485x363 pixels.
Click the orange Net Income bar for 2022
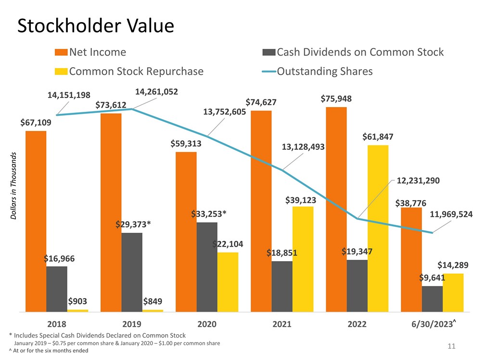tap(336, 209)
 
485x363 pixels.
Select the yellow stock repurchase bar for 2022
tap(378, 228)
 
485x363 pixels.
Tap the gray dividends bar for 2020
tap(207, 266)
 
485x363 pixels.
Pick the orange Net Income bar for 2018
tap(36, 221)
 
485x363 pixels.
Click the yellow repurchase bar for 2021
tap(303, 259)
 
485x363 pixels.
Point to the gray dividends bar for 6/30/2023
tap(432, 299)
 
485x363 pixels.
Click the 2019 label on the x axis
tap(132, 324)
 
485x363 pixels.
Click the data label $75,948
tap(336, 99)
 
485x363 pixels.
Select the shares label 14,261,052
tap(157, 91)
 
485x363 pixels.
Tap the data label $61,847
tap(378, 137)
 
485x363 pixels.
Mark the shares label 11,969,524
tap(451, 214)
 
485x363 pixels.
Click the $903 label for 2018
tap(77, 302)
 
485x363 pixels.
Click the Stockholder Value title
tap(95, 26)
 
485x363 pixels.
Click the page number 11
tap(451, 346)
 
